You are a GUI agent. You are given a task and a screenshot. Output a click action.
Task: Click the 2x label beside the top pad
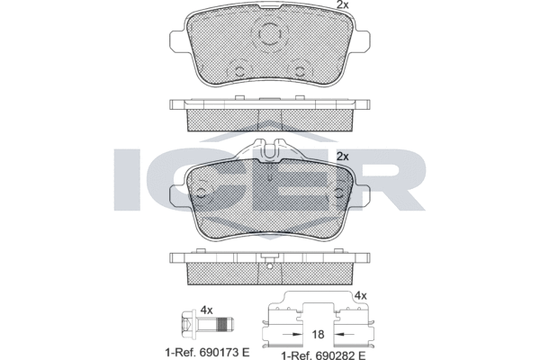click(x=342, y=4)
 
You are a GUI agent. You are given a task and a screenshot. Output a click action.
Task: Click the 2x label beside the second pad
click(x=342, y=157)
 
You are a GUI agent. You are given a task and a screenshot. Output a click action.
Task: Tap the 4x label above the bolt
click(x=206, y=310)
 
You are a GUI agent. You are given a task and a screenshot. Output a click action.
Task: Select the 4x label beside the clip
click(x=361, y=295)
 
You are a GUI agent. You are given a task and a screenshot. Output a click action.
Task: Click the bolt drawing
click(x=207, y=324)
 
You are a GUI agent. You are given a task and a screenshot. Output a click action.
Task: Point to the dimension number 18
click(x=318, y=334)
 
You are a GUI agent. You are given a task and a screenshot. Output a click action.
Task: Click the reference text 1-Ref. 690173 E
click(x=207, y=353)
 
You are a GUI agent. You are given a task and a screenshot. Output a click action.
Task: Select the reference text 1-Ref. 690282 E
click(x=323, y=355)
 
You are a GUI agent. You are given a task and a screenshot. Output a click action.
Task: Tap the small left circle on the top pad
click(x=239, y=72)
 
